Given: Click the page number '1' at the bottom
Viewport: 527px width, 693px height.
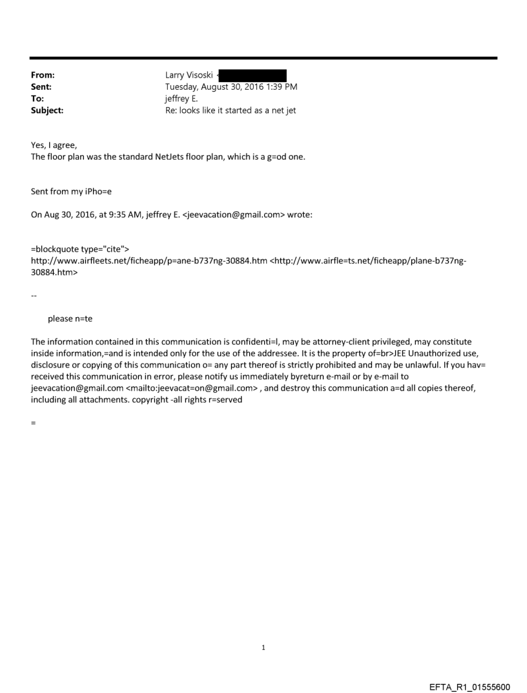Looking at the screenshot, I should coord(263,647).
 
